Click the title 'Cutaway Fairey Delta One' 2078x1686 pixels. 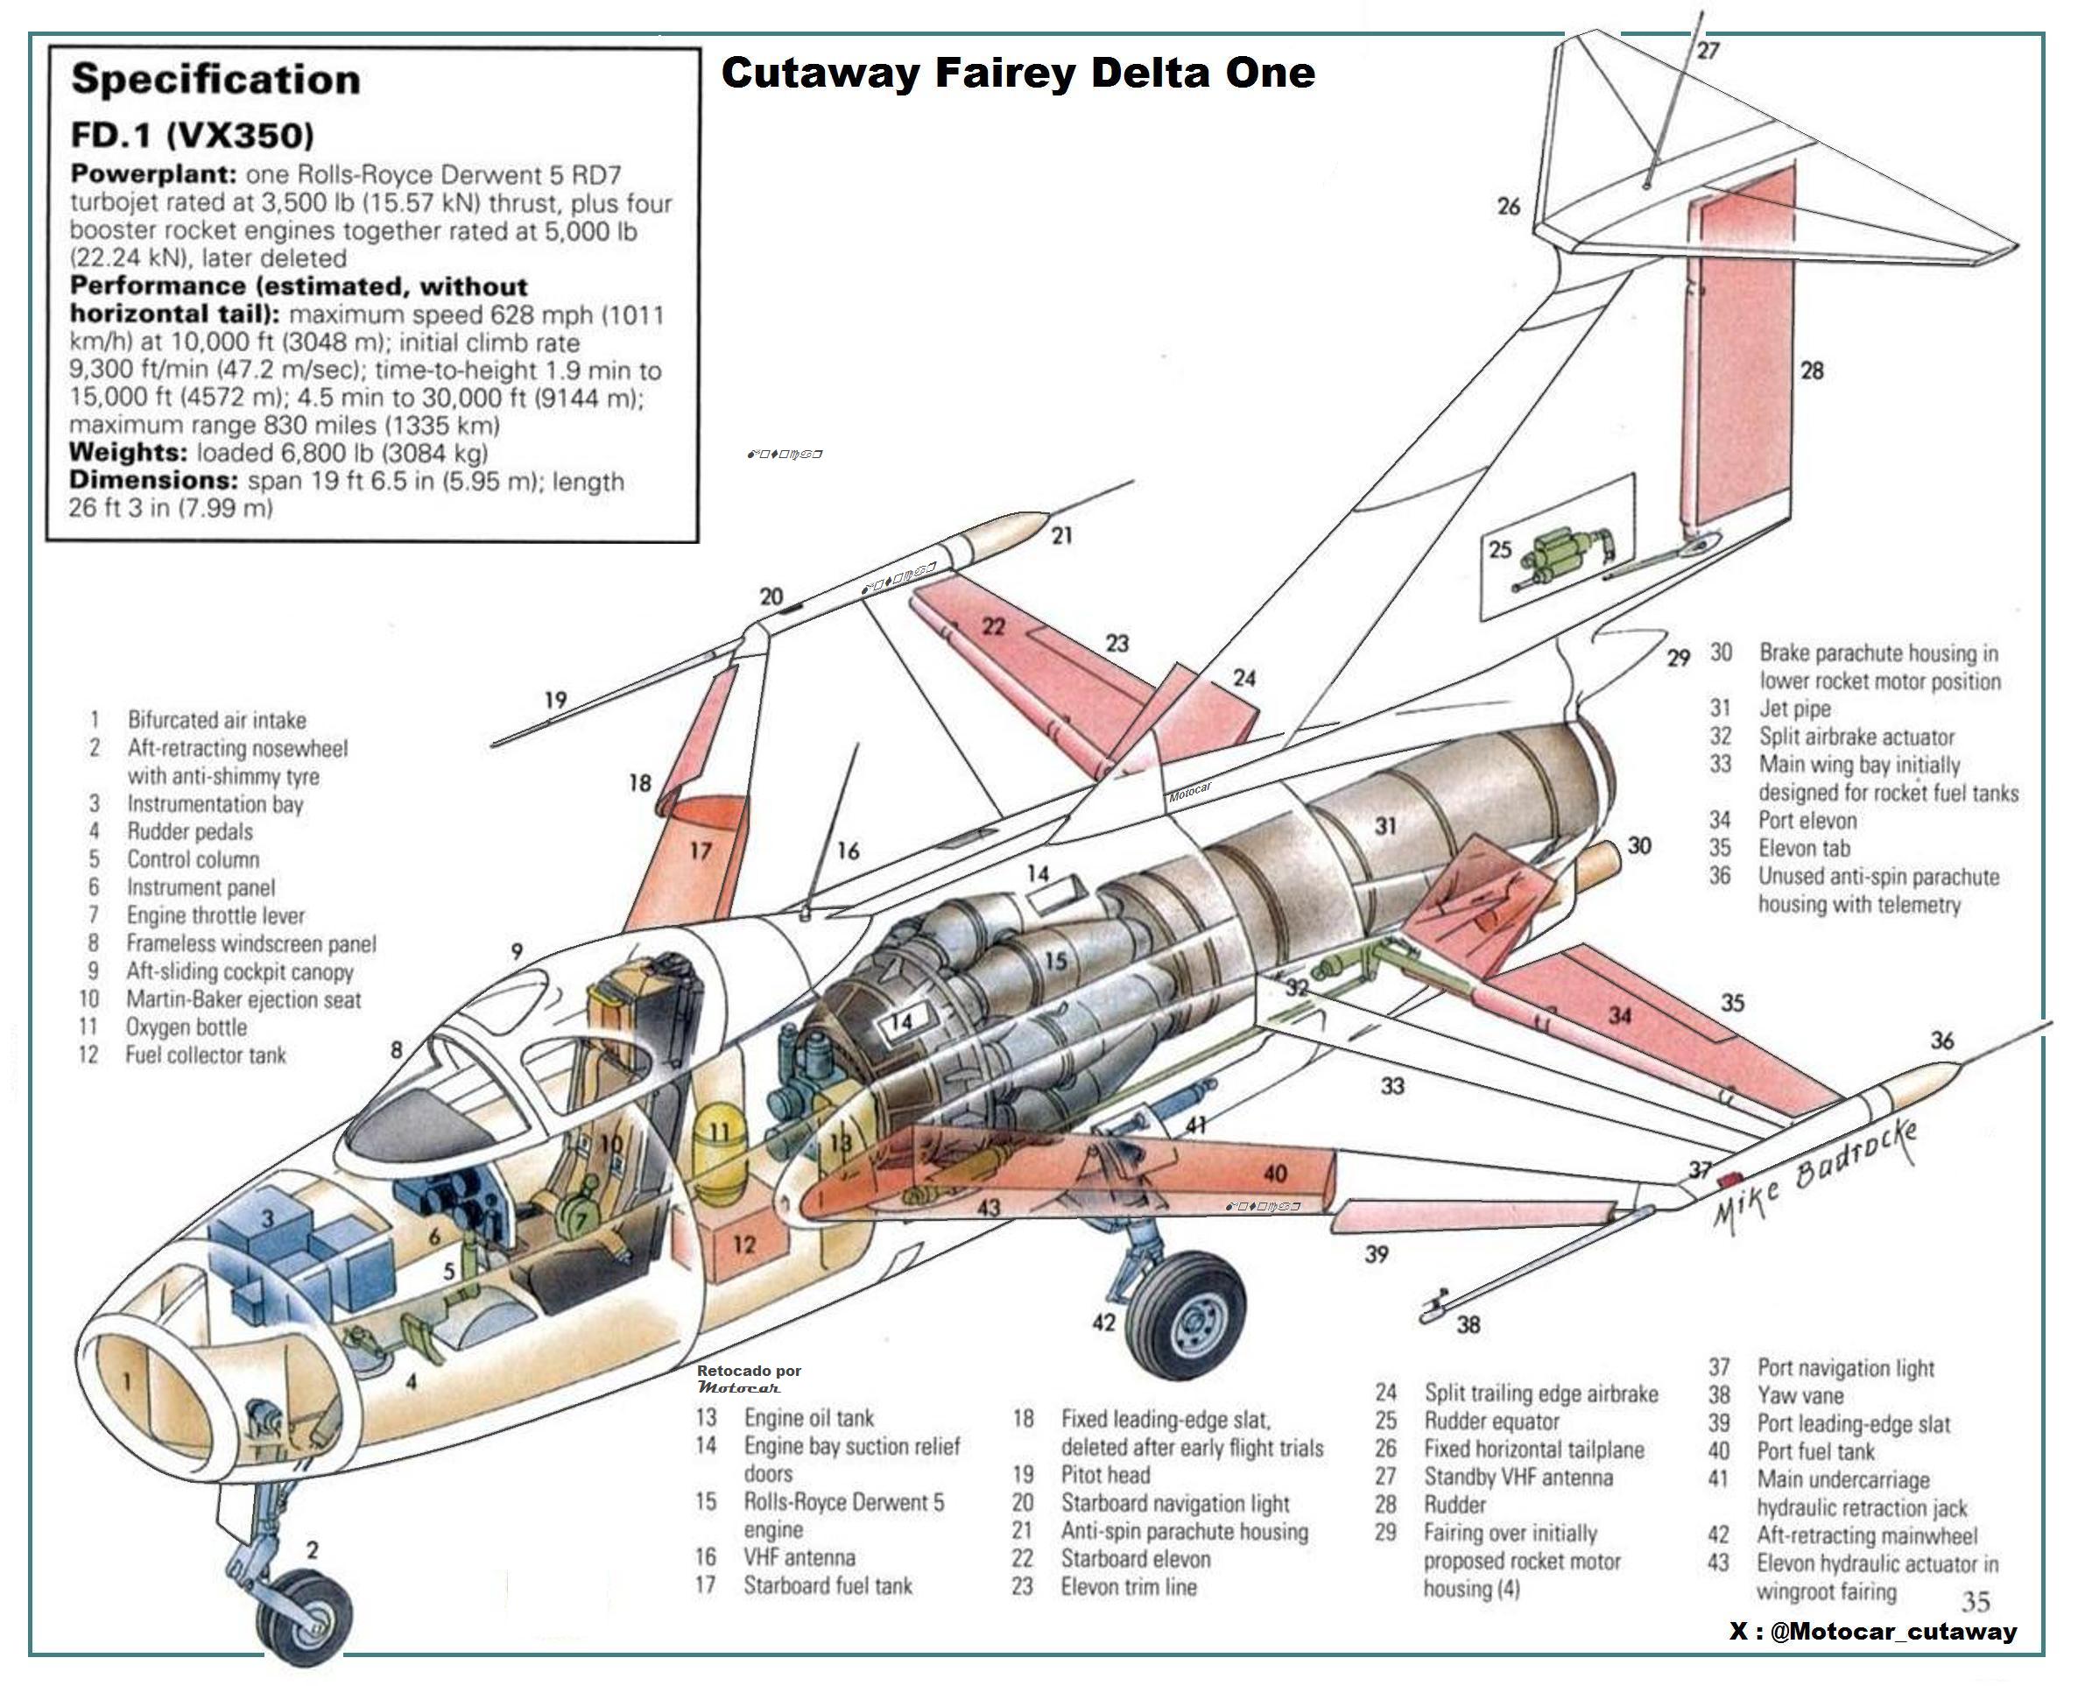click(1018, 73)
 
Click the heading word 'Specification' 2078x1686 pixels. click(215, 80)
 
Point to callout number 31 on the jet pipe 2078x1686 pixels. click(1384, 826)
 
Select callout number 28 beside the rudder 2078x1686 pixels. click(1812, 370)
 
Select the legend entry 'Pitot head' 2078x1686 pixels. click(1105, 1474)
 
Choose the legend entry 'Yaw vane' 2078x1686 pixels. click(1800, 1395)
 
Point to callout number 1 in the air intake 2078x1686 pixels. click(127, 1381)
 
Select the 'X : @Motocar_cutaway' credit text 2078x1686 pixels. click(1873, 1632)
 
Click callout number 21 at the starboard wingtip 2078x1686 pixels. click(1062, 535)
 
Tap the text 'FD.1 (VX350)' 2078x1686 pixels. click(193, 135)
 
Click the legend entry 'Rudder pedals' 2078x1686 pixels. click(189, 831)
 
